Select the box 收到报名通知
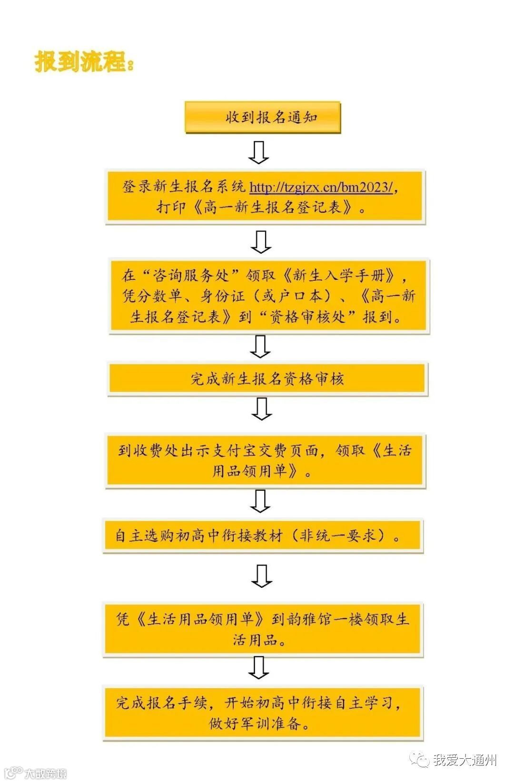pyautogui.click(x=263, y=117)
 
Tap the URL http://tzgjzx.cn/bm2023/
pyautogui.click(x=321, y=187)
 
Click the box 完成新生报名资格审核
pyautogui.click(x=267, y=379)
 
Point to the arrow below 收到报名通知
pyautogui.click(x=259, y=152)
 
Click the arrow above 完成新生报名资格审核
pyautogui.click(x=260, y=347)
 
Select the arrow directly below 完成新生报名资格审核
pyautogui.click(x=261, y=408)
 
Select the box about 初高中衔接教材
pyautogui.click(x=262, y=536)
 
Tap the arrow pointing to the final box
pyautogui.click(x=259, y=667)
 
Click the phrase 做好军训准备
pyautogui.click(x=259, y=724)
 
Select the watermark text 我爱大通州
pyautogui.click(x=465, y=760)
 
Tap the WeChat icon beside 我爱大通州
pyautogui.click(x=421, y=760)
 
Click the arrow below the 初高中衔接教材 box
pyautogui.click(x=261, y=576)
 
